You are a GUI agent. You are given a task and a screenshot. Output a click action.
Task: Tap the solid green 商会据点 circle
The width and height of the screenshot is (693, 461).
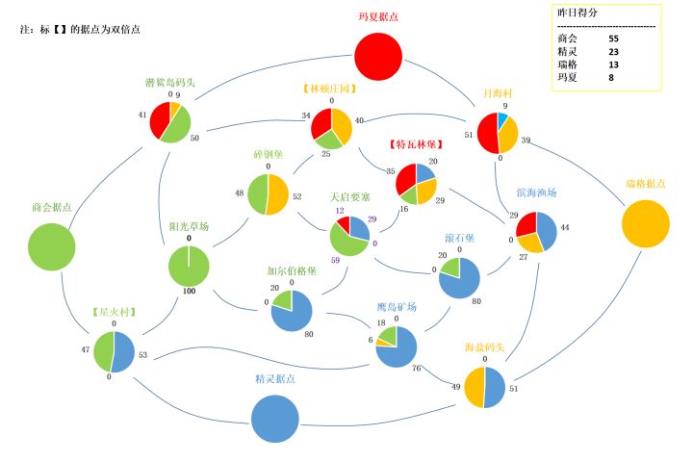(x=51, y=246)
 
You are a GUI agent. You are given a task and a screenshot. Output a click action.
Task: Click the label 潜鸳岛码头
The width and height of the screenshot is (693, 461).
(x=169, y=83)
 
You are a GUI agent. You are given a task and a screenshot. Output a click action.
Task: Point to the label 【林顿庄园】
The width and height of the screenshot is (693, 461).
(x=331, y=89)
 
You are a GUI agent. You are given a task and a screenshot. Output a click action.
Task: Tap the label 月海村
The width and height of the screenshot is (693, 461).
(x=499, y=93)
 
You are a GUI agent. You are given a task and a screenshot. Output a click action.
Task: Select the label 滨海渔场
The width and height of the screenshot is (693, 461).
(x=537, y=192)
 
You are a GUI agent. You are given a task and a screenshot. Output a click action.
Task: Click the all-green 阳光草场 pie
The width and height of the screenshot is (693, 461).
(x=189, y=267)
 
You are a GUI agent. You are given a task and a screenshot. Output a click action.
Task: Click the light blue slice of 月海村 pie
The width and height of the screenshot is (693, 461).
(x=502, y=121)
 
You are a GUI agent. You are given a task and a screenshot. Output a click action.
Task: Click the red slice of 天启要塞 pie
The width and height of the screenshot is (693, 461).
(x=342, y=227)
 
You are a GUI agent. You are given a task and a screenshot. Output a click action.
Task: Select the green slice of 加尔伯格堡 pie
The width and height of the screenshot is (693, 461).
(x=283, y=300)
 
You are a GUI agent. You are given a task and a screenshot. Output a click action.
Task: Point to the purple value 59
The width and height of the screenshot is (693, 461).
(x=334, y=260)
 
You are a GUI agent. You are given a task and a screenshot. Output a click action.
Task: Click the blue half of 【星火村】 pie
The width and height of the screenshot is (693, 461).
(x=125, y=352)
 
